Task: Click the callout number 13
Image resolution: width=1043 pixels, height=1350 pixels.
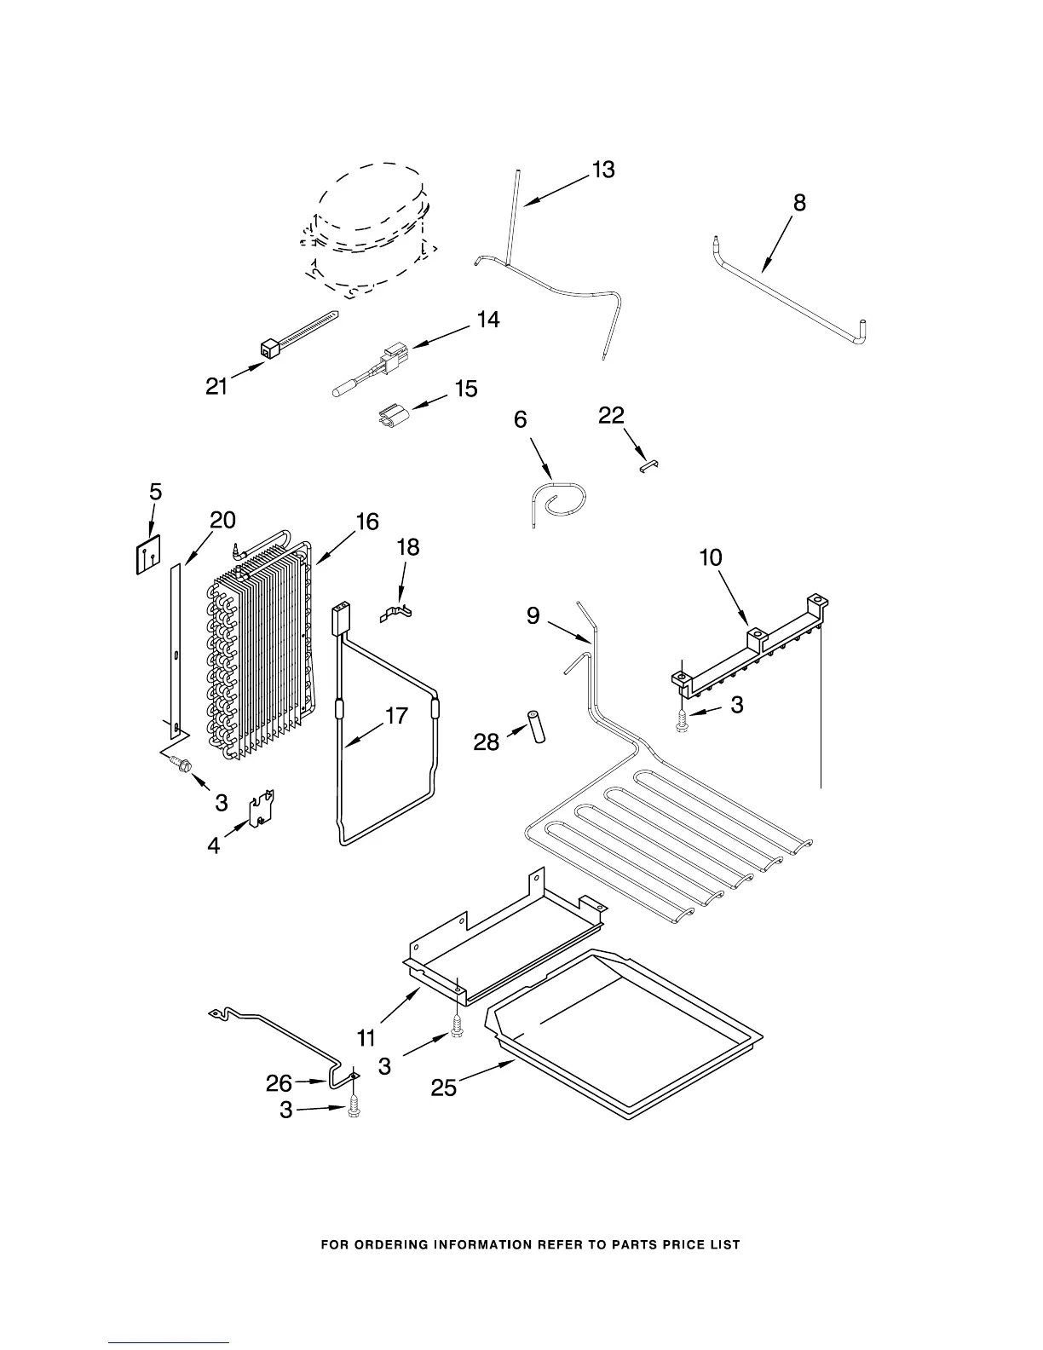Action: (x=603, y=170)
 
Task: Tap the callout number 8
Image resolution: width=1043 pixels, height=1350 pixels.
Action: (x=799, y=203)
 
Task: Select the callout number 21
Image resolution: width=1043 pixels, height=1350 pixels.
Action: (x=217, y=386)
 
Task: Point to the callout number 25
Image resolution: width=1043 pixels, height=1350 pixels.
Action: (x=444, y=1087)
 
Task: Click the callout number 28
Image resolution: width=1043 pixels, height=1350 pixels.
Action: (x=486, y=742)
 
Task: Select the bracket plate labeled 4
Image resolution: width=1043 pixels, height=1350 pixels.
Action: (x=262, y=810)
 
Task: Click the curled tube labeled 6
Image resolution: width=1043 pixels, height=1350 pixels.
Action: (x=558, y=502)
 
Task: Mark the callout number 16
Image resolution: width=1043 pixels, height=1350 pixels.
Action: (x=367, y=522)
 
